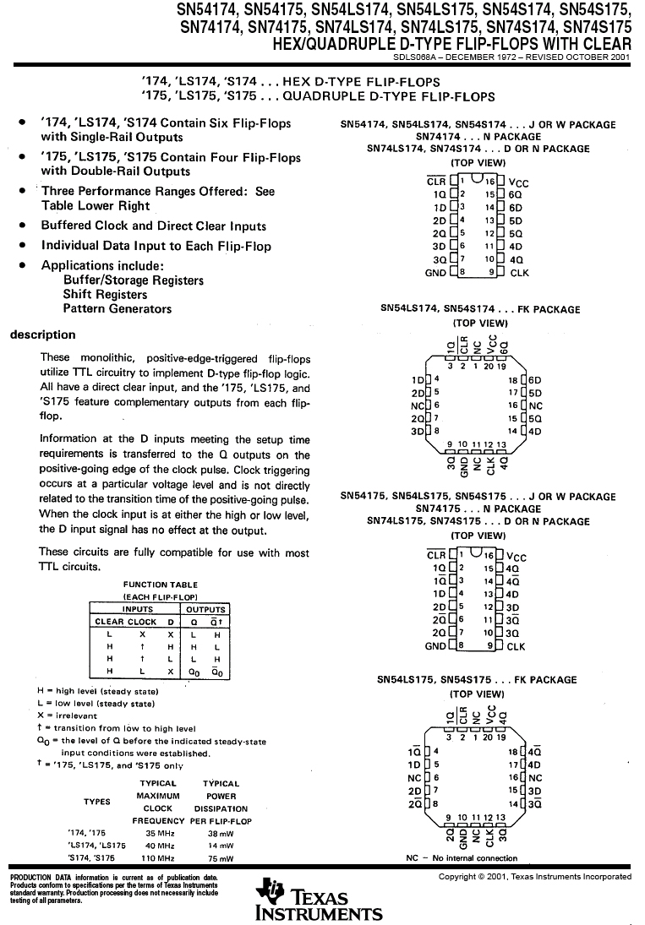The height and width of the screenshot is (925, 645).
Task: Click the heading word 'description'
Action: coord(42,335)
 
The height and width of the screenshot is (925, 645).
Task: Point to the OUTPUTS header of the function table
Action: coord(205,609)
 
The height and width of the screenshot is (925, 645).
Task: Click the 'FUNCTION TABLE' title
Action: coord(161,585)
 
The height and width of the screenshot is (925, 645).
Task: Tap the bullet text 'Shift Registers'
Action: coord(105,295)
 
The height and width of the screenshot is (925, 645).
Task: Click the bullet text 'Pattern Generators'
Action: coord(117,309)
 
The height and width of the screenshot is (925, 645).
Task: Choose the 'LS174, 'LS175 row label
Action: coord(96,845)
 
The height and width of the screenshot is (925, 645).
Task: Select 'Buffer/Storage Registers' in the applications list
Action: coord(133,280)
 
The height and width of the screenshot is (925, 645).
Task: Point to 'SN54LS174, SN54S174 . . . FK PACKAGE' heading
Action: coord(480,309)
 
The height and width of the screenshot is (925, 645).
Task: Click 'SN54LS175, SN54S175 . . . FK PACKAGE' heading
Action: coord(480,679)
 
